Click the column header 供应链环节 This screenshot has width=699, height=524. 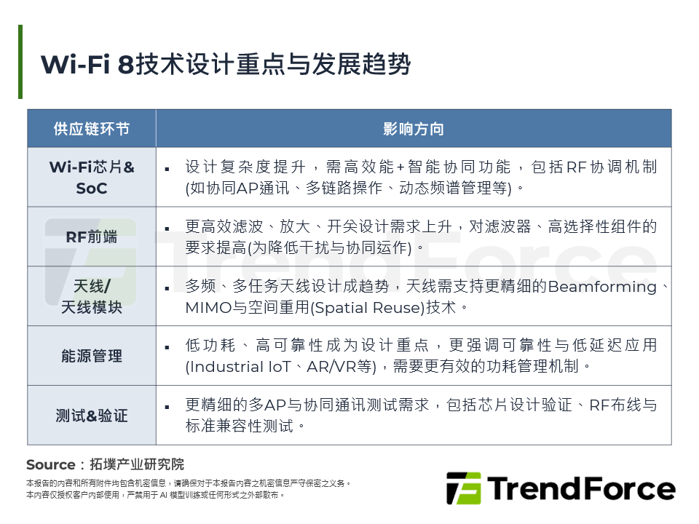click(x=92, y=129)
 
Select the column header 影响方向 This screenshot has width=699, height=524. click(x=413, y=129)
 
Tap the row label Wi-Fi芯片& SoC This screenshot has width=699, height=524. click(x=92, y=178)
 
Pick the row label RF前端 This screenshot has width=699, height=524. click(x=92, y=237)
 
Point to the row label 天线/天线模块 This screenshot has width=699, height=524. click(x=92, y=296)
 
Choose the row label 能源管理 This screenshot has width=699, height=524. click(x=92, y=356)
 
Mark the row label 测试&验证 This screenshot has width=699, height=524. click(x=92, y=416)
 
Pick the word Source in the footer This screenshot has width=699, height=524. click(x=50, y=464)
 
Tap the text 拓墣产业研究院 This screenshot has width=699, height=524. click(x=137, y=464)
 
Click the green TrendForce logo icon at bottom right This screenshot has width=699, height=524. click(x=463, y=488)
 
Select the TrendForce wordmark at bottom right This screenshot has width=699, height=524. click(x=582, y=488)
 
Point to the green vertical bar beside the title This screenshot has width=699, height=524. click(x=20, y=62)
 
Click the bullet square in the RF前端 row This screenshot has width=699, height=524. click(x=167, y=228)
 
